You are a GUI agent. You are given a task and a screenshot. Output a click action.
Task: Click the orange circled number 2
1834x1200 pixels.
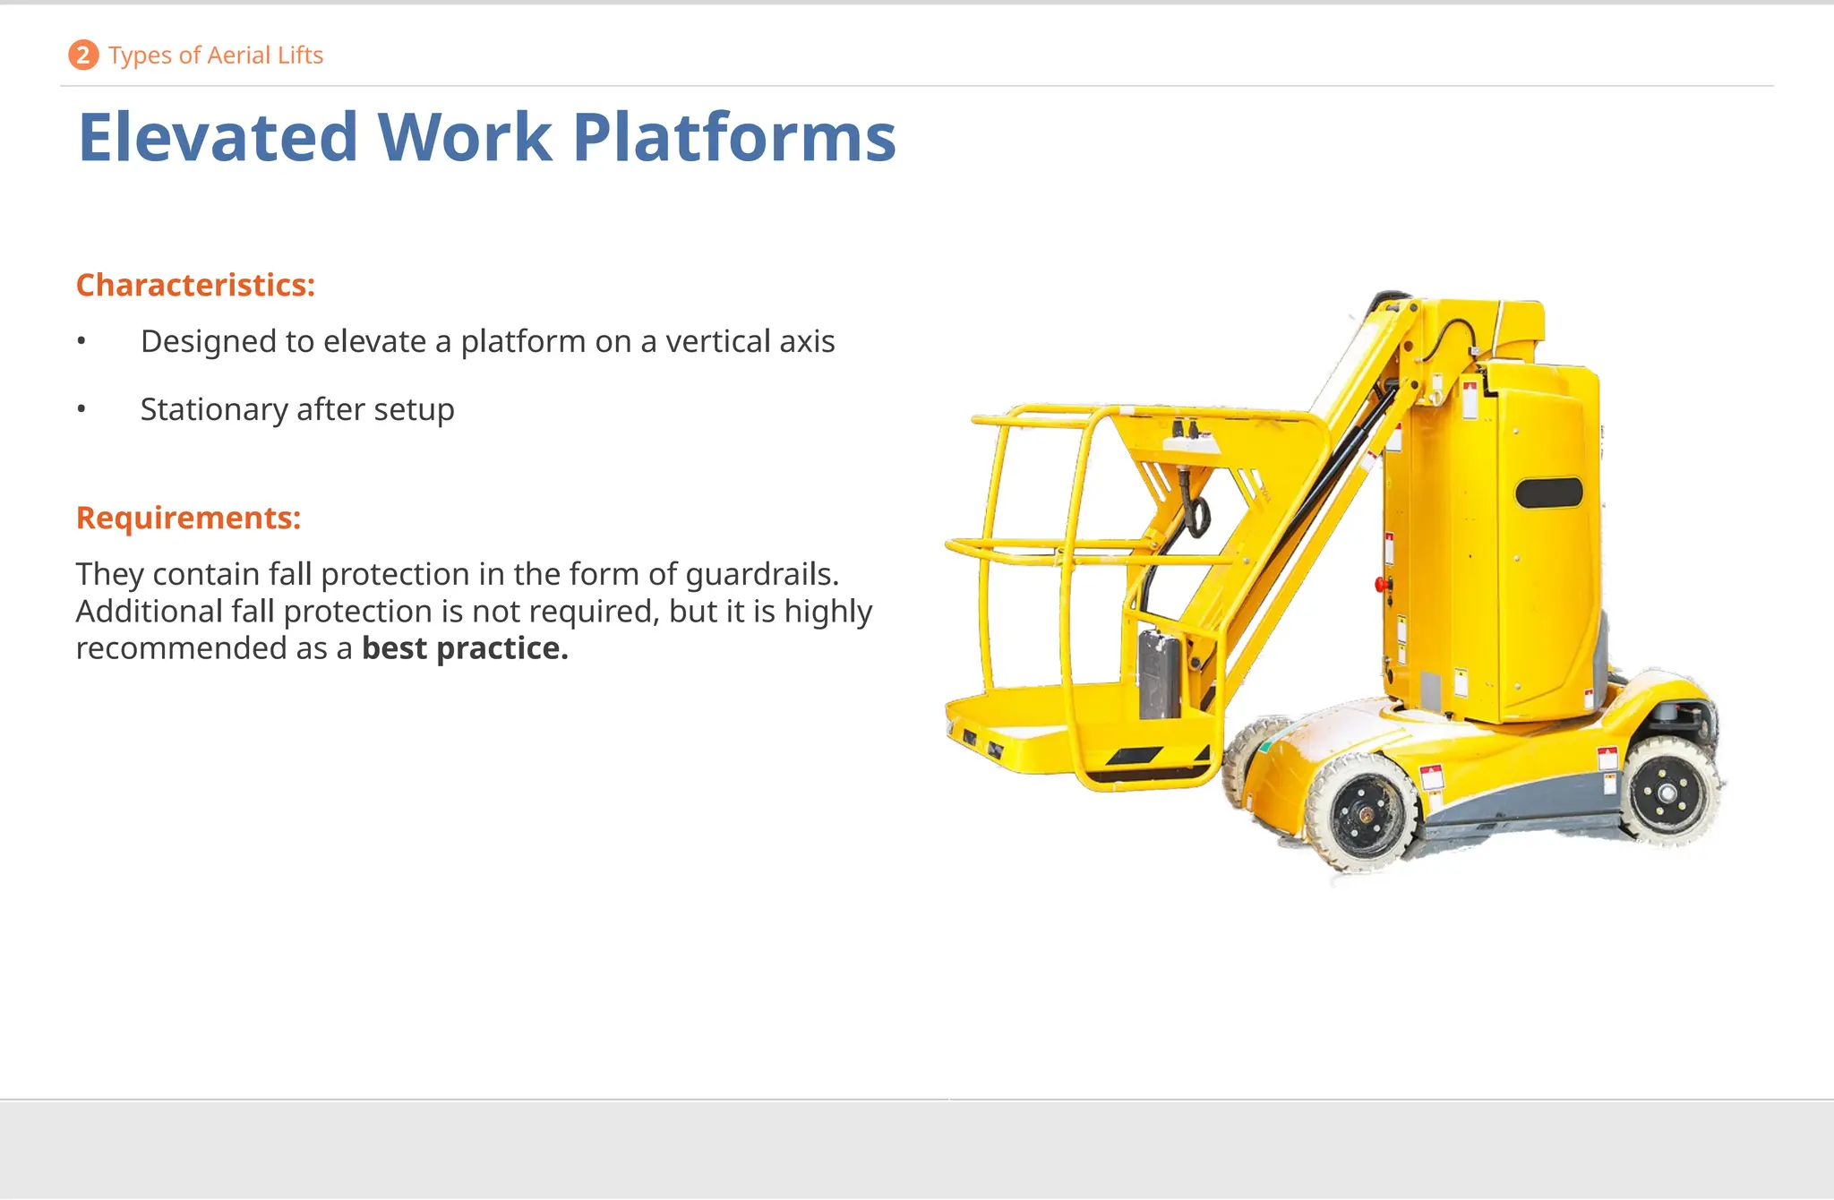pos(83,56)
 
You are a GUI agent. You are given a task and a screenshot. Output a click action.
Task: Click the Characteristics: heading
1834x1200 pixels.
pos(195,285)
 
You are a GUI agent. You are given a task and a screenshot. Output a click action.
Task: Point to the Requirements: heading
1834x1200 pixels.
pos(188,518)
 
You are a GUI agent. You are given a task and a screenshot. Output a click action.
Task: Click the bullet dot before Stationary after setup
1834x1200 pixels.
pos(81,410)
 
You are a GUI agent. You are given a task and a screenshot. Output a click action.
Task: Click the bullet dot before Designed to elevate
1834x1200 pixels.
pos(81,341)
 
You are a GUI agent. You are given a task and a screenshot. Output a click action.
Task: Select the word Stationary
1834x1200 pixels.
pos(214,409)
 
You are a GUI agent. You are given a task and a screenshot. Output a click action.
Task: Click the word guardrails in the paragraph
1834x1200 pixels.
pos(759,574)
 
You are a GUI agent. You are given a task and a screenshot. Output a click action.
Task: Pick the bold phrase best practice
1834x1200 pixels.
pos(465,648)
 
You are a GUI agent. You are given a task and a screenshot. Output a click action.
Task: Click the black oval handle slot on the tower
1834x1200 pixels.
pos(1548,493)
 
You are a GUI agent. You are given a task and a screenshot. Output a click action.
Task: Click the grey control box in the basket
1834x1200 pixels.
pos(1159,673)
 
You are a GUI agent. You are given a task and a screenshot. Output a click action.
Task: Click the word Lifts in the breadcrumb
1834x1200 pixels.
pos(300,56)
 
